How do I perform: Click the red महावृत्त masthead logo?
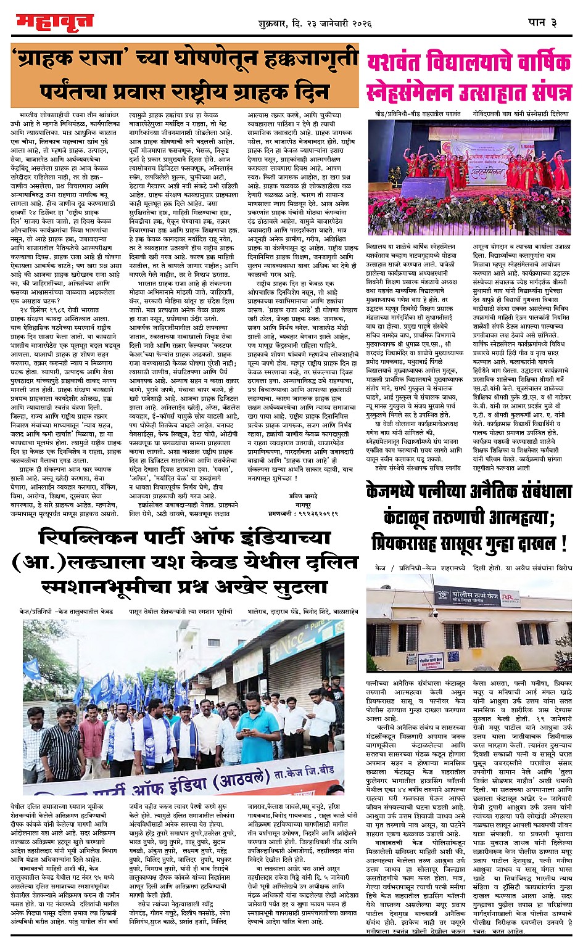click(x=55, y=23)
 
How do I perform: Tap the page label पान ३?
click(x=543, y=22)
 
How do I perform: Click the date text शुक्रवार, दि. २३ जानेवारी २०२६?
click(x=315, y=23)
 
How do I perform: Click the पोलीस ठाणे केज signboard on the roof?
click(x=469, y=596)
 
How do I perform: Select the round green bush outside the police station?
click(x=510, y=663)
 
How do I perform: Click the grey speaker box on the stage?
click(x=429, y=186)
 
